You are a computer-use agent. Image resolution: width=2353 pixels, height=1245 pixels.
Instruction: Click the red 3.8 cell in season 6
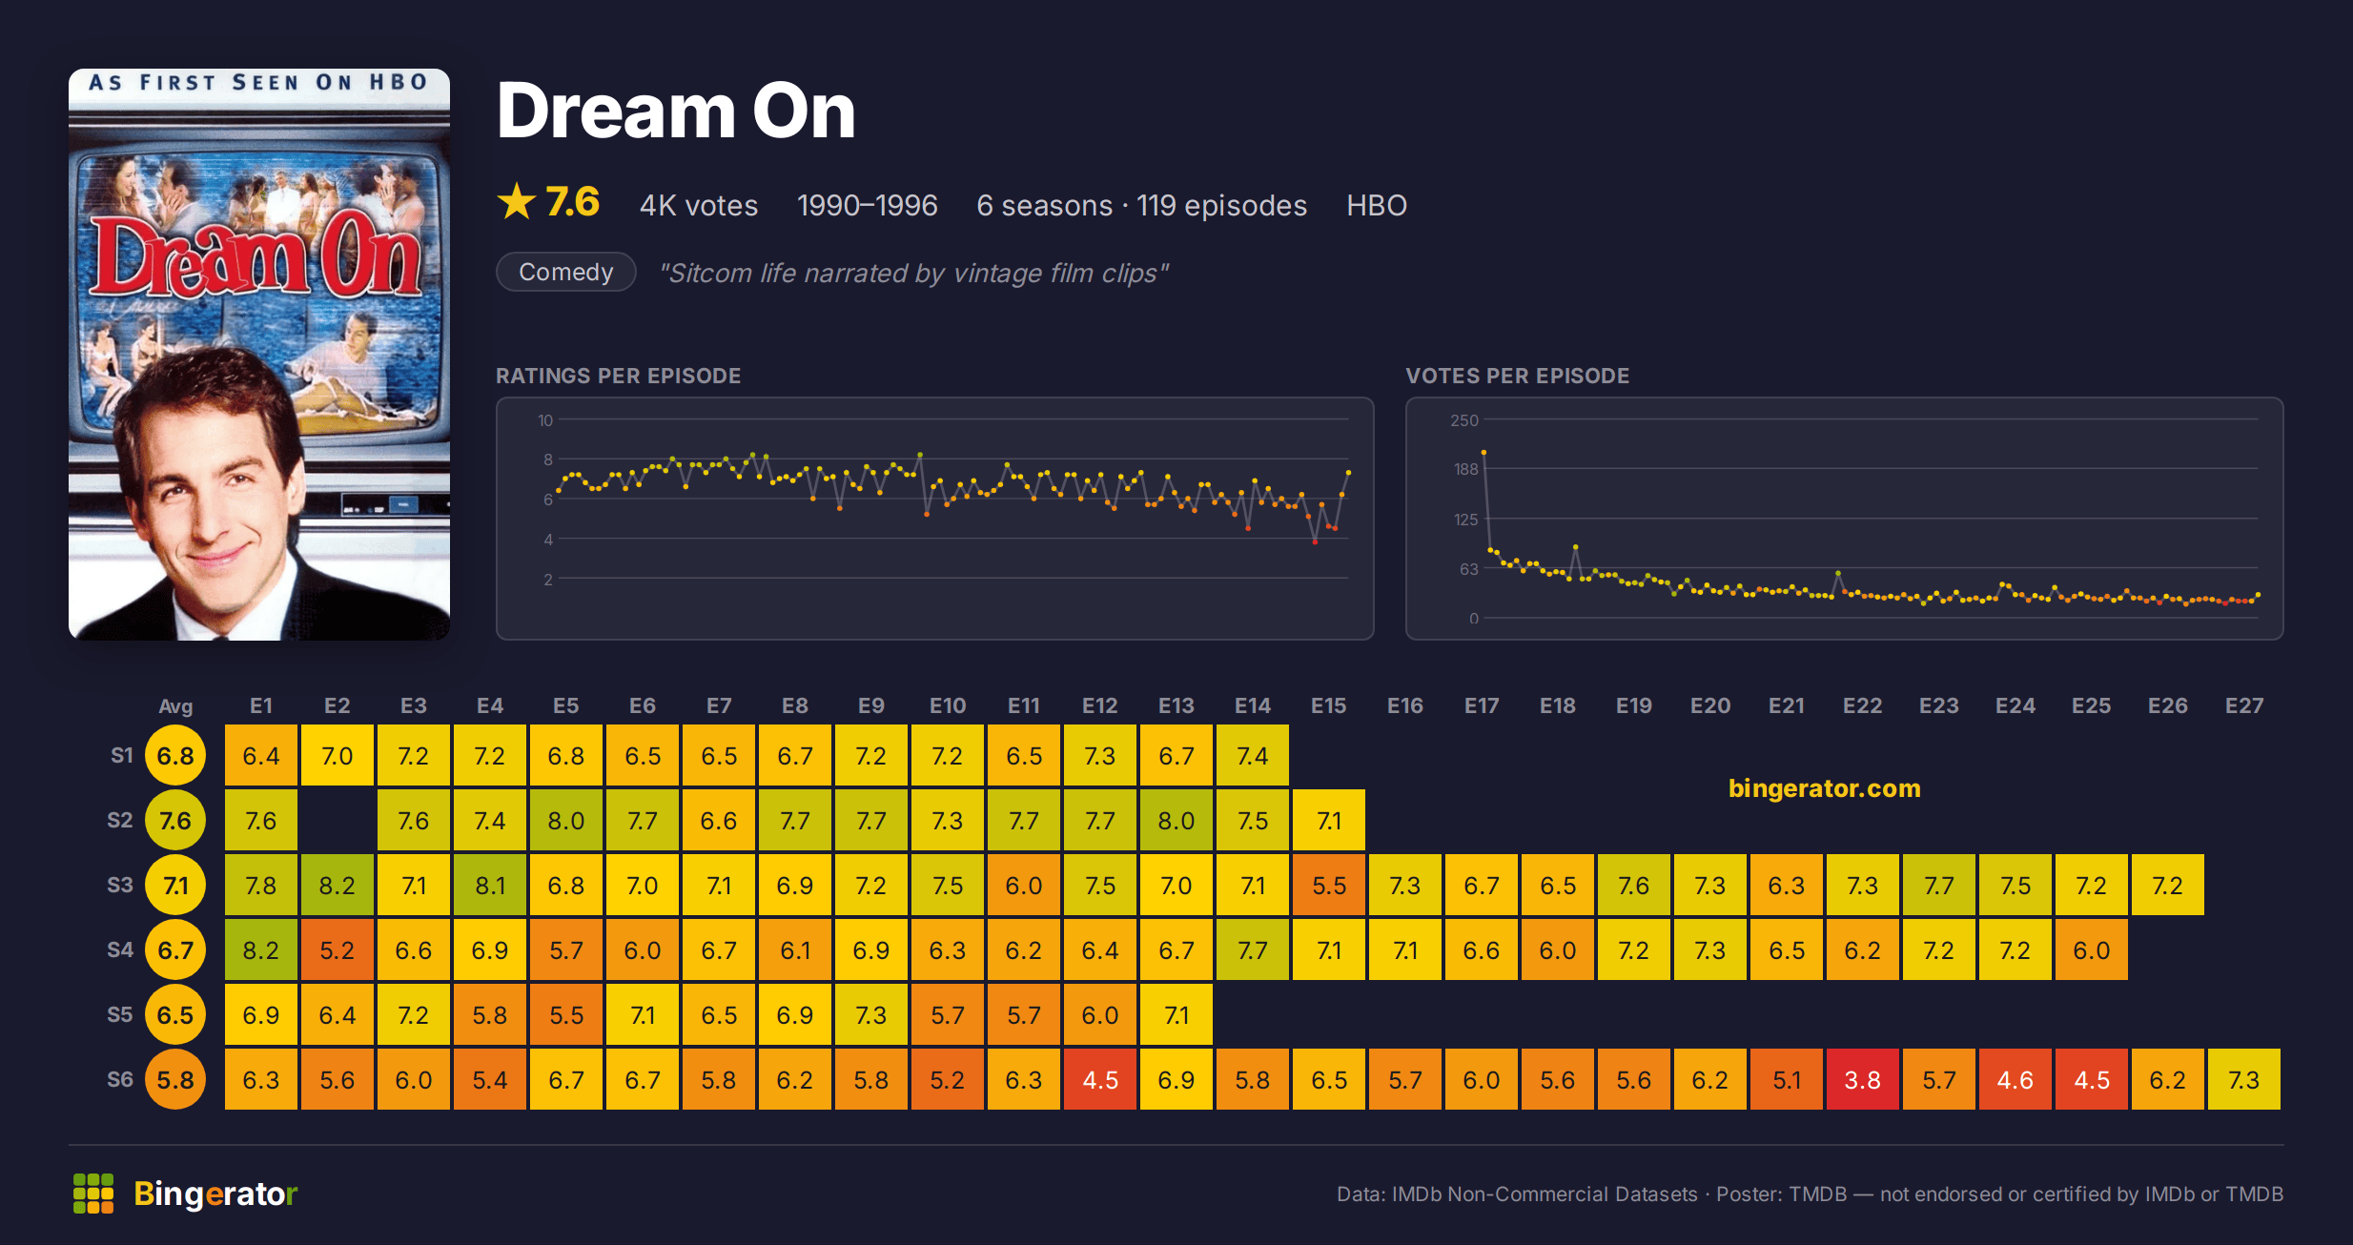1862,1079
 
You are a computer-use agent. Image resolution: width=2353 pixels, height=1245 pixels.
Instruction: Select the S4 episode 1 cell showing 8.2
260,949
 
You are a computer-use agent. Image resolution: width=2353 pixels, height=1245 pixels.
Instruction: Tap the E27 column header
2243,705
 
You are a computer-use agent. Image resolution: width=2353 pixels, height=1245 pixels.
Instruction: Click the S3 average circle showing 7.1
175,885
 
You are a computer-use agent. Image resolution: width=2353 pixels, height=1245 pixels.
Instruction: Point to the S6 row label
120,1079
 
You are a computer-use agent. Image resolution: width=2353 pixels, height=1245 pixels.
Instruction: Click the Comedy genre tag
565,272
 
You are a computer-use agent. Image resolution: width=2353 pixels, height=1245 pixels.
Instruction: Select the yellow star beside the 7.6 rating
517,201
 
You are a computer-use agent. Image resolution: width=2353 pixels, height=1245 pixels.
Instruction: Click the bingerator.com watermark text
1824,788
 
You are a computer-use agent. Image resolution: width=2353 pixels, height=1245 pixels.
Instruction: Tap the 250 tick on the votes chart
1464,419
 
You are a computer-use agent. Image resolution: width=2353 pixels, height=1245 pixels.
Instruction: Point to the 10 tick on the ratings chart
545,419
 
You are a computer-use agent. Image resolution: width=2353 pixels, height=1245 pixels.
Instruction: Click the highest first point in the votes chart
1483,453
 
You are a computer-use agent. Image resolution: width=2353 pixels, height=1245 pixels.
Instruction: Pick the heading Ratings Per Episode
618,376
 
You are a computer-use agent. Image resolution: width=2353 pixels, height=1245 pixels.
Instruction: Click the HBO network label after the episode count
1377,205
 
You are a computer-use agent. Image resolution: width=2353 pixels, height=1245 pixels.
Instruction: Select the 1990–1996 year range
868,205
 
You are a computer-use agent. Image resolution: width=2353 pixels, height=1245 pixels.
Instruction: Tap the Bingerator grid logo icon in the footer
93,1194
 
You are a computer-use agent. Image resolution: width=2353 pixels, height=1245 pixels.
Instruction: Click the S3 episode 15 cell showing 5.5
1328,885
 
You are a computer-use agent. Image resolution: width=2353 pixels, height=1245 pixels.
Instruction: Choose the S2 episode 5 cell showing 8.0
565,820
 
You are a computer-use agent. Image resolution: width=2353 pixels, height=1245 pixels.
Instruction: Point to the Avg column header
175,705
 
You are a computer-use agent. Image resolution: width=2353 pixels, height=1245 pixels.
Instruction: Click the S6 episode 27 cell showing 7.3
2243,1079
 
